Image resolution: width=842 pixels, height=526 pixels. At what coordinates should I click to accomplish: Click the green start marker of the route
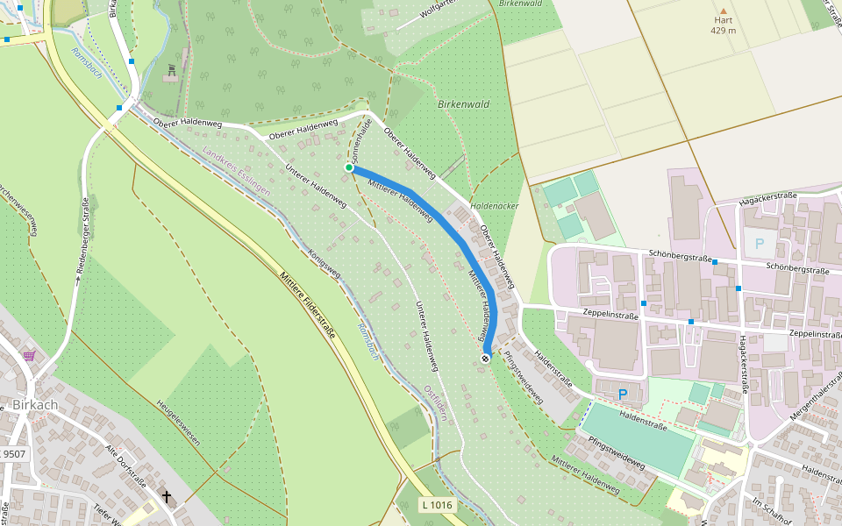tap(348, 167)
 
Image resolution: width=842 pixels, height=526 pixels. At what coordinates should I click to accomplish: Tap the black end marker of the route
tap(486, 358)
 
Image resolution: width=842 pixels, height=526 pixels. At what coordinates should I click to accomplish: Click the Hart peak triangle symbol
tap(724, 11)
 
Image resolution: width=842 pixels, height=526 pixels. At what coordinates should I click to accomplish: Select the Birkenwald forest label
tap(463, 104)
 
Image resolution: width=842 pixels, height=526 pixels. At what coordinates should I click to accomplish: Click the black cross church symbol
tap(167, 497)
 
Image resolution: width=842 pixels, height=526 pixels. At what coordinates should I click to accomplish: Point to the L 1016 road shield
tap(436, 504)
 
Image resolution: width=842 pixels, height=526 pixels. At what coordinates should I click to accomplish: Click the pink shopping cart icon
tap(30, 356)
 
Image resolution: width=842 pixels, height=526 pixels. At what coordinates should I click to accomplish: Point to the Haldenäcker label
tap(494, 205)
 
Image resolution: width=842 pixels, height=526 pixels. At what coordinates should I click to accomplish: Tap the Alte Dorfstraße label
tap(125, 466)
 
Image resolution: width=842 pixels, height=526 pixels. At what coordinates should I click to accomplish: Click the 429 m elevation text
tap(724, 31)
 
